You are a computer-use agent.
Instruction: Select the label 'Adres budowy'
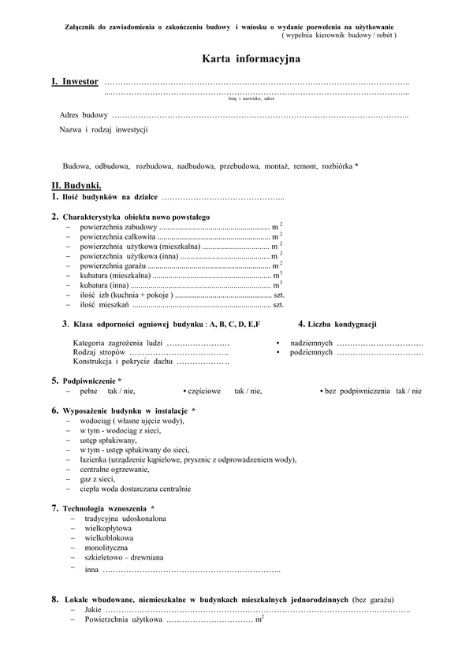[x=84, y=115]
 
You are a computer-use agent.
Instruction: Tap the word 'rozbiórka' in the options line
[x=338, y=165]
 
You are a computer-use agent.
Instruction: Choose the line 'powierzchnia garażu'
[x=113, y=266]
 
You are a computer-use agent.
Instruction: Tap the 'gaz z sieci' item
[x=97, y=478]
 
